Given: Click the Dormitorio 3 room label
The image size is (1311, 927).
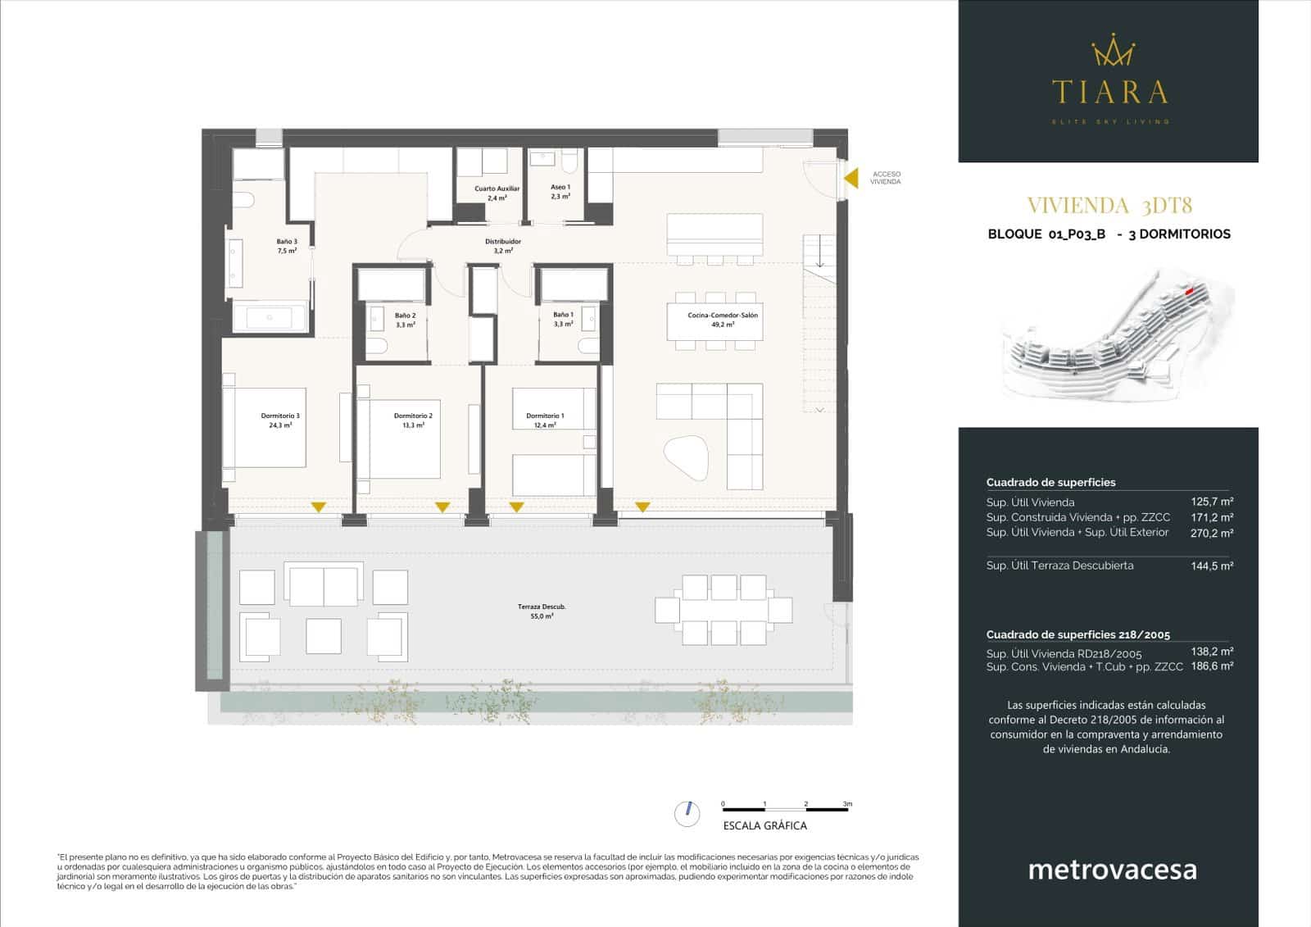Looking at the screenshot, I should point(280,420).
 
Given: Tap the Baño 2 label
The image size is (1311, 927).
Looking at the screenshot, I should point(405,320).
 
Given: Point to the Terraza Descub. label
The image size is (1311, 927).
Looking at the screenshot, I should point(542,611).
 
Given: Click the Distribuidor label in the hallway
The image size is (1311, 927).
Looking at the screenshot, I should point(503,245).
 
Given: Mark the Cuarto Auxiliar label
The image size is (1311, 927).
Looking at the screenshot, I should point(497,193).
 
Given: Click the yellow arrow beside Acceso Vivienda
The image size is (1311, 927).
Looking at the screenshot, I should point(852,178).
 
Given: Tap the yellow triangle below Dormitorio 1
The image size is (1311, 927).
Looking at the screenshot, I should point(516,507).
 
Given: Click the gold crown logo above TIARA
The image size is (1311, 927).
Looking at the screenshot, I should point(1112,51).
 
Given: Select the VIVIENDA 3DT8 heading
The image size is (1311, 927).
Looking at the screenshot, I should point(1109,205).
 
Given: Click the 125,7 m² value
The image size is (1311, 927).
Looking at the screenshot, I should point(1212,502).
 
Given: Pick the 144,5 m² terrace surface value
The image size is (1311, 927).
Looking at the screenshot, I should point(1212,566).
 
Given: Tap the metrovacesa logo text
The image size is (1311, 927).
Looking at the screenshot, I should point(1112,869).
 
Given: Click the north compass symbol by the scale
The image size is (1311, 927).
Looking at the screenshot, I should point(687,813).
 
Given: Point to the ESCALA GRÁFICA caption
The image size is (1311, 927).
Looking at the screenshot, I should point(764,825).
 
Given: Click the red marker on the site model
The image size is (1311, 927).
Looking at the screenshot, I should point(1190,289).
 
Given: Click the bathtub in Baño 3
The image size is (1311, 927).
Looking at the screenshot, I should point(270,318).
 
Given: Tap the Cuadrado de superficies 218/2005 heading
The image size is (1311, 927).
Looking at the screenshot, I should point(1077,634).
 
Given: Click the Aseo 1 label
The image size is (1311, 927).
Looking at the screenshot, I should point(560,192).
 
